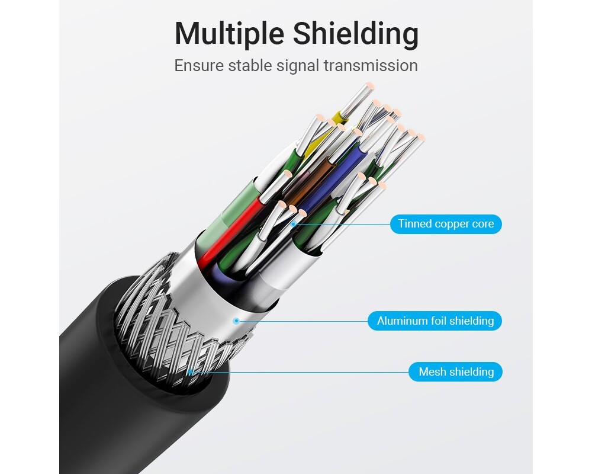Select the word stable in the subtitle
(x=251, y=65)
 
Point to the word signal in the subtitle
(x=299, y=65)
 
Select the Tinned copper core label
(x=446, y=224)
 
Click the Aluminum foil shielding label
(x=435, y=321)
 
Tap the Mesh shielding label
(x=456, y=372)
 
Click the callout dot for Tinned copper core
(x=294, y=224)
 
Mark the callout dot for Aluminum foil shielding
(x=236, y=321)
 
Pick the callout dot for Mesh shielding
(x=190, y=372)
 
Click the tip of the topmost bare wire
(x=369, y=87)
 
